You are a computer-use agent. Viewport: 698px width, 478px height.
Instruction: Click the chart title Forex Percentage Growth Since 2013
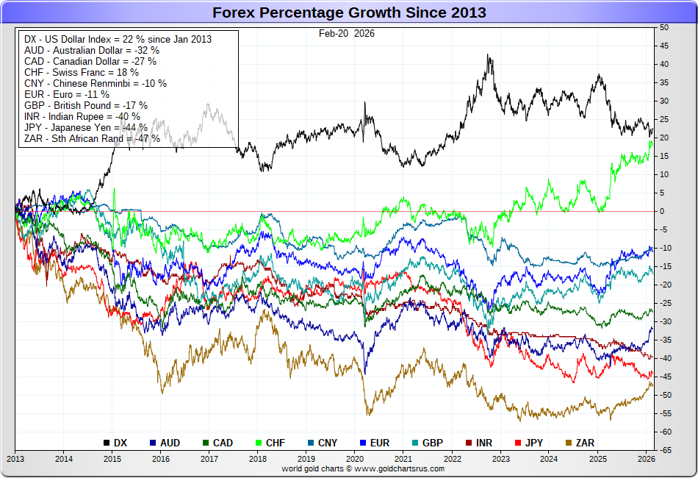pos(349,13)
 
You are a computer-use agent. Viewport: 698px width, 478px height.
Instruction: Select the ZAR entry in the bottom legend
pos(580,443)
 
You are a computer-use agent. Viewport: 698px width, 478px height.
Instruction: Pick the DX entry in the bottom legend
pos(115,443)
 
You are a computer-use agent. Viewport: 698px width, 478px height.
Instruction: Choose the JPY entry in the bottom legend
pos(531,443)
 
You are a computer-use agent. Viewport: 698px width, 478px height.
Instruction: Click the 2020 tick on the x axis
pos(354,457)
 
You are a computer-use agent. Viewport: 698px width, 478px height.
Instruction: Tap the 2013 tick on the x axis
pos(15,457)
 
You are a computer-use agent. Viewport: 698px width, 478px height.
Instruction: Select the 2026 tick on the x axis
pos(646,457)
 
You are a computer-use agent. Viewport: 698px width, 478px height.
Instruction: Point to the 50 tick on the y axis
pos(664,27)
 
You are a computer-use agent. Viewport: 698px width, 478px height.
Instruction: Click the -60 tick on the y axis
pos(664,432)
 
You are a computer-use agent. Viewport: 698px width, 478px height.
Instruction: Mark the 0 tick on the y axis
pos(661,211)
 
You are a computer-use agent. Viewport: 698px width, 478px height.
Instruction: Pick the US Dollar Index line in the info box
pos(118,38)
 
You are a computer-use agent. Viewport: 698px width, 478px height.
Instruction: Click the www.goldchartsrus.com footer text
pos(363,468)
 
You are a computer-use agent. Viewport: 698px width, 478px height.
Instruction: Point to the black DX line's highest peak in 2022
pos(489,55)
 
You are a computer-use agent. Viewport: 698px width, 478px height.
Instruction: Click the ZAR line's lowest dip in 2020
pos(367,414)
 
